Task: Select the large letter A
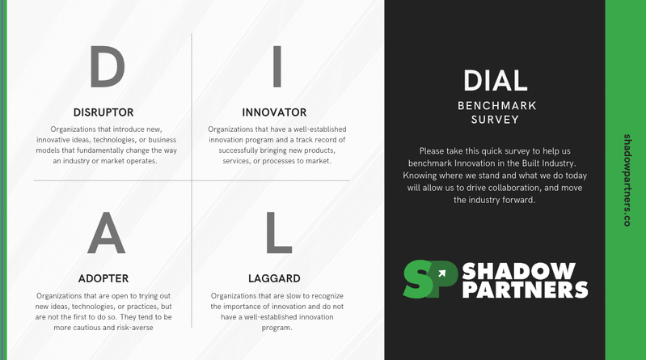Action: click(x=107, y=235)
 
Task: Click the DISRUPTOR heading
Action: click(x=103, y=112)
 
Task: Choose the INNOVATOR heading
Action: click(x=274, y=112)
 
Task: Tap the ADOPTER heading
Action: click(x=103, y=278)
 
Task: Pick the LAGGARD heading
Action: click(x=274, y=278)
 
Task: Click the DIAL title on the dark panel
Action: click(x=496, y=81)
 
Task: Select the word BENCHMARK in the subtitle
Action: click(x=496, y=105)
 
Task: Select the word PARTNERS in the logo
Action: click(x=525, y=290)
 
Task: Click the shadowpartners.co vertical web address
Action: click(x=627, y=180)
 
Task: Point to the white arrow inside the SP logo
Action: click(x=442, y=273)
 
